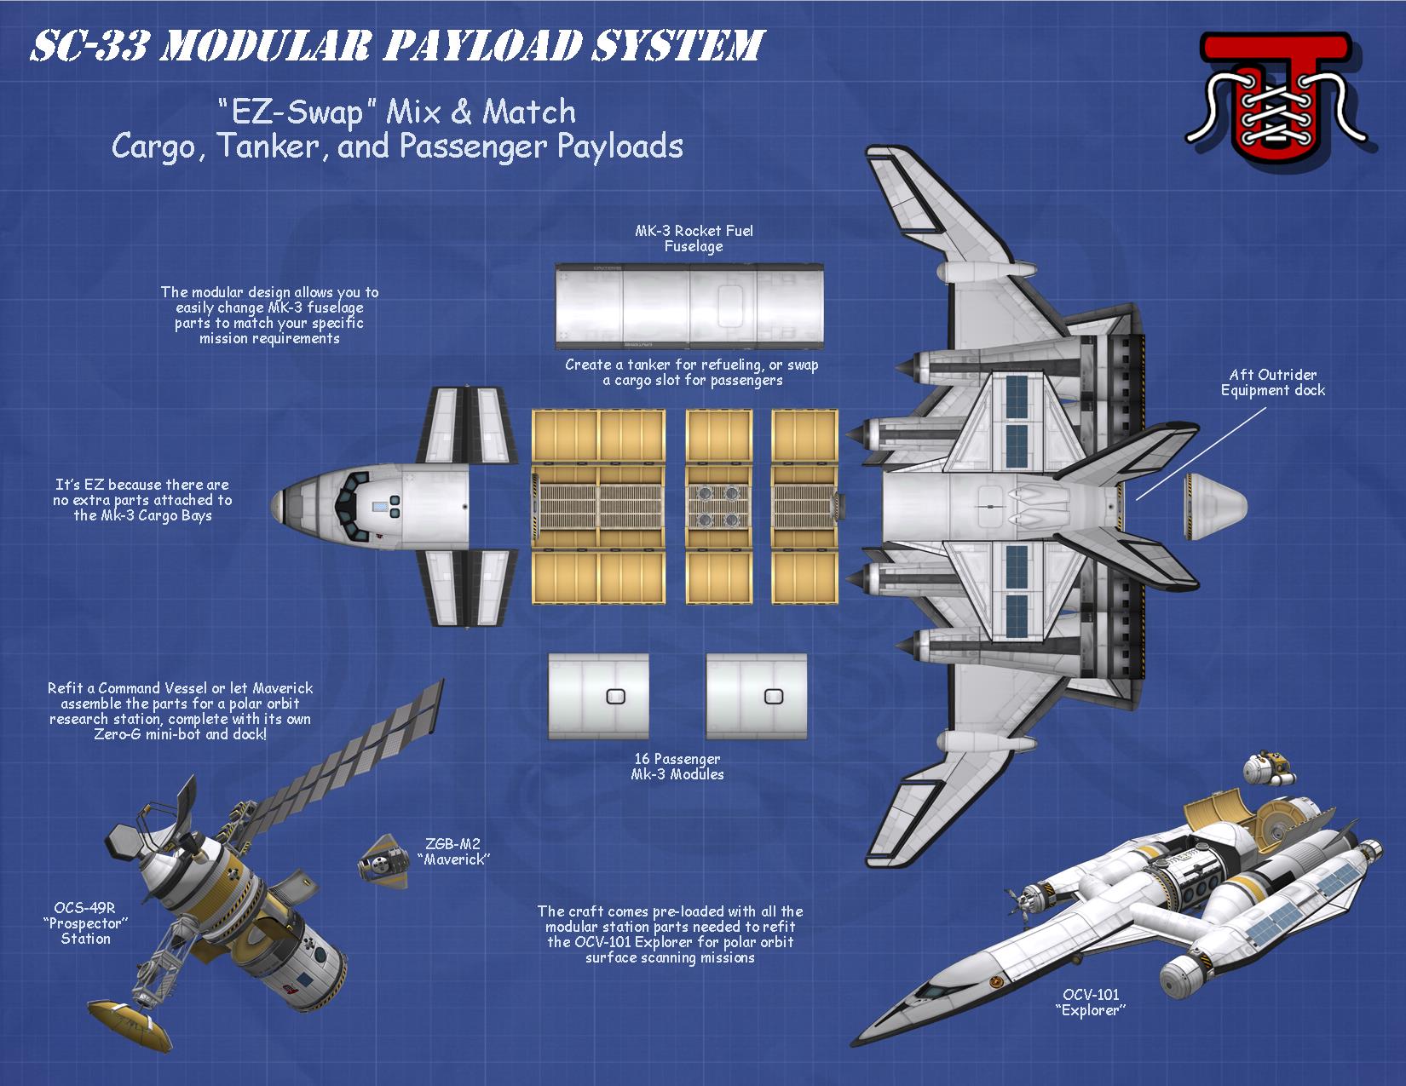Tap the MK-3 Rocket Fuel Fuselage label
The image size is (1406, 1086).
pos(694,238)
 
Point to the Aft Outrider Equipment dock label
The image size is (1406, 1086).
pos(1272,382)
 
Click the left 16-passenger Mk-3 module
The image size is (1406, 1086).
pos(598,696)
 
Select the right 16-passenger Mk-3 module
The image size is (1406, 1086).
pos(756,696)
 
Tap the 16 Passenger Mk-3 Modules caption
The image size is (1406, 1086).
pos(677,767)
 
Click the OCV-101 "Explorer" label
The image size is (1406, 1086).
pos(1090,1002)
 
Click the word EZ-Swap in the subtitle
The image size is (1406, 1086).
pos(290,112)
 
